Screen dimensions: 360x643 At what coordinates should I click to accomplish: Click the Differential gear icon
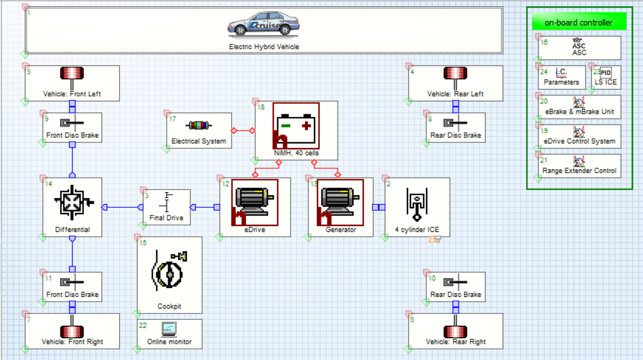[x=72, y=204]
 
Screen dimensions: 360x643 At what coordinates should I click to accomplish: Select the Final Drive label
[x=166, y=218]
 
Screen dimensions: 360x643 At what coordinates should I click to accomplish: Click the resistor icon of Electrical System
[x=198, y=125]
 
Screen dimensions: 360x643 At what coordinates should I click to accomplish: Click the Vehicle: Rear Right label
[x=455, y=342]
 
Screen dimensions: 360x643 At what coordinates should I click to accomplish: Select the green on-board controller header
[x=578, y=22]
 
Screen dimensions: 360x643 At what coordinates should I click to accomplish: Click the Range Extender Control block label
[x=579, y=171]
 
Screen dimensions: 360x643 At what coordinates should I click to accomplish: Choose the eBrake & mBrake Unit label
[x=579, y=112]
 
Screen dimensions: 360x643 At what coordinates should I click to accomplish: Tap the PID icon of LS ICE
[x=606, y=73]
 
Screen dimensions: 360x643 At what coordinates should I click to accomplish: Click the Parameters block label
[x=561, y=82]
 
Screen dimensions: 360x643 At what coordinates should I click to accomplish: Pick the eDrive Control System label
[x=579, y=141]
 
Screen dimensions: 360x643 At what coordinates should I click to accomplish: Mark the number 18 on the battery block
[x=261, y=107]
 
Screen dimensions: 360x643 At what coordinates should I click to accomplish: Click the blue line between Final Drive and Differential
[x=123, y=207]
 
